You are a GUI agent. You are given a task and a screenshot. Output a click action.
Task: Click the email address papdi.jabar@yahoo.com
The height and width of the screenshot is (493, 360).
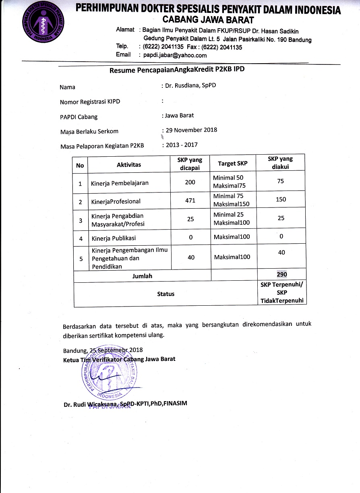pyautogui.click(x=172, y=55)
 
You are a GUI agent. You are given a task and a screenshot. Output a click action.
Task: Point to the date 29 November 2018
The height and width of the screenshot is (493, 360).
pyautogui.click(x=191, y=130)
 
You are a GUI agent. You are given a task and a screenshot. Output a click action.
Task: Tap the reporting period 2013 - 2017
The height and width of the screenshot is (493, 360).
pyautogui.click(x=181, y=145)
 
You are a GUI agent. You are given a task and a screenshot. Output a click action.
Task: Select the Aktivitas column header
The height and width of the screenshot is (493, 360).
pyautogui.click(x=129, y=165)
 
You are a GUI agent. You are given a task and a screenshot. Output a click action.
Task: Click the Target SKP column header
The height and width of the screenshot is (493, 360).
pyautogui.click(x=233, y=164)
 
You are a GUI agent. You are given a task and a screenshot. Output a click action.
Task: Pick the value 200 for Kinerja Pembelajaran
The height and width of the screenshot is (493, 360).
pyautogui.click(x=190, y=182)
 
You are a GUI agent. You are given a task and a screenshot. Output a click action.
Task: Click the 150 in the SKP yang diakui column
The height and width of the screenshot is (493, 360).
pyautogui.click(x=281, y=199)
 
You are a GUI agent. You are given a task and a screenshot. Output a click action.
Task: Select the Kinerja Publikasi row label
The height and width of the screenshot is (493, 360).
pyautogui.click(x=114, y=238)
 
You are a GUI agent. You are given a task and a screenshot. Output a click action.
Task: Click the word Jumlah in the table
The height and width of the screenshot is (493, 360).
pyautogui.click(x=142, y=276)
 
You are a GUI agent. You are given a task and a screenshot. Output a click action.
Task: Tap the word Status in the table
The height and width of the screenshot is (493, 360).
pyautogui.click(x=166, y=294)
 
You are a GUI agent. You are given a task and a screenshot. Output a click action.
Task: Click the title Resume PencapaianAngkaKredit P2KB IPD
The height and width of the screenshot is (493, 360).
pyautogui.click(x=177, y=70)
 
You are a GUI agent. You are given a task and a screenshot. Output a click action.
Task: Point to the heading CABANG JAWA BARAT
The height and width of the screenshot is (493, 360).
pyautogui.click(x=208, y=19)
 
